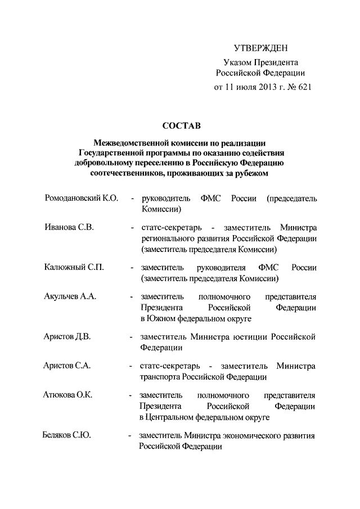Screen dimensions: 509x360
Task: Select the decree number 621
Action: pyautogui.click(x=303, y=87)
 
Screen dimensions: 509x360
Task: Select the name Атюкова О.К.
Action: pyautogui.click(x=67, y=395)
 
